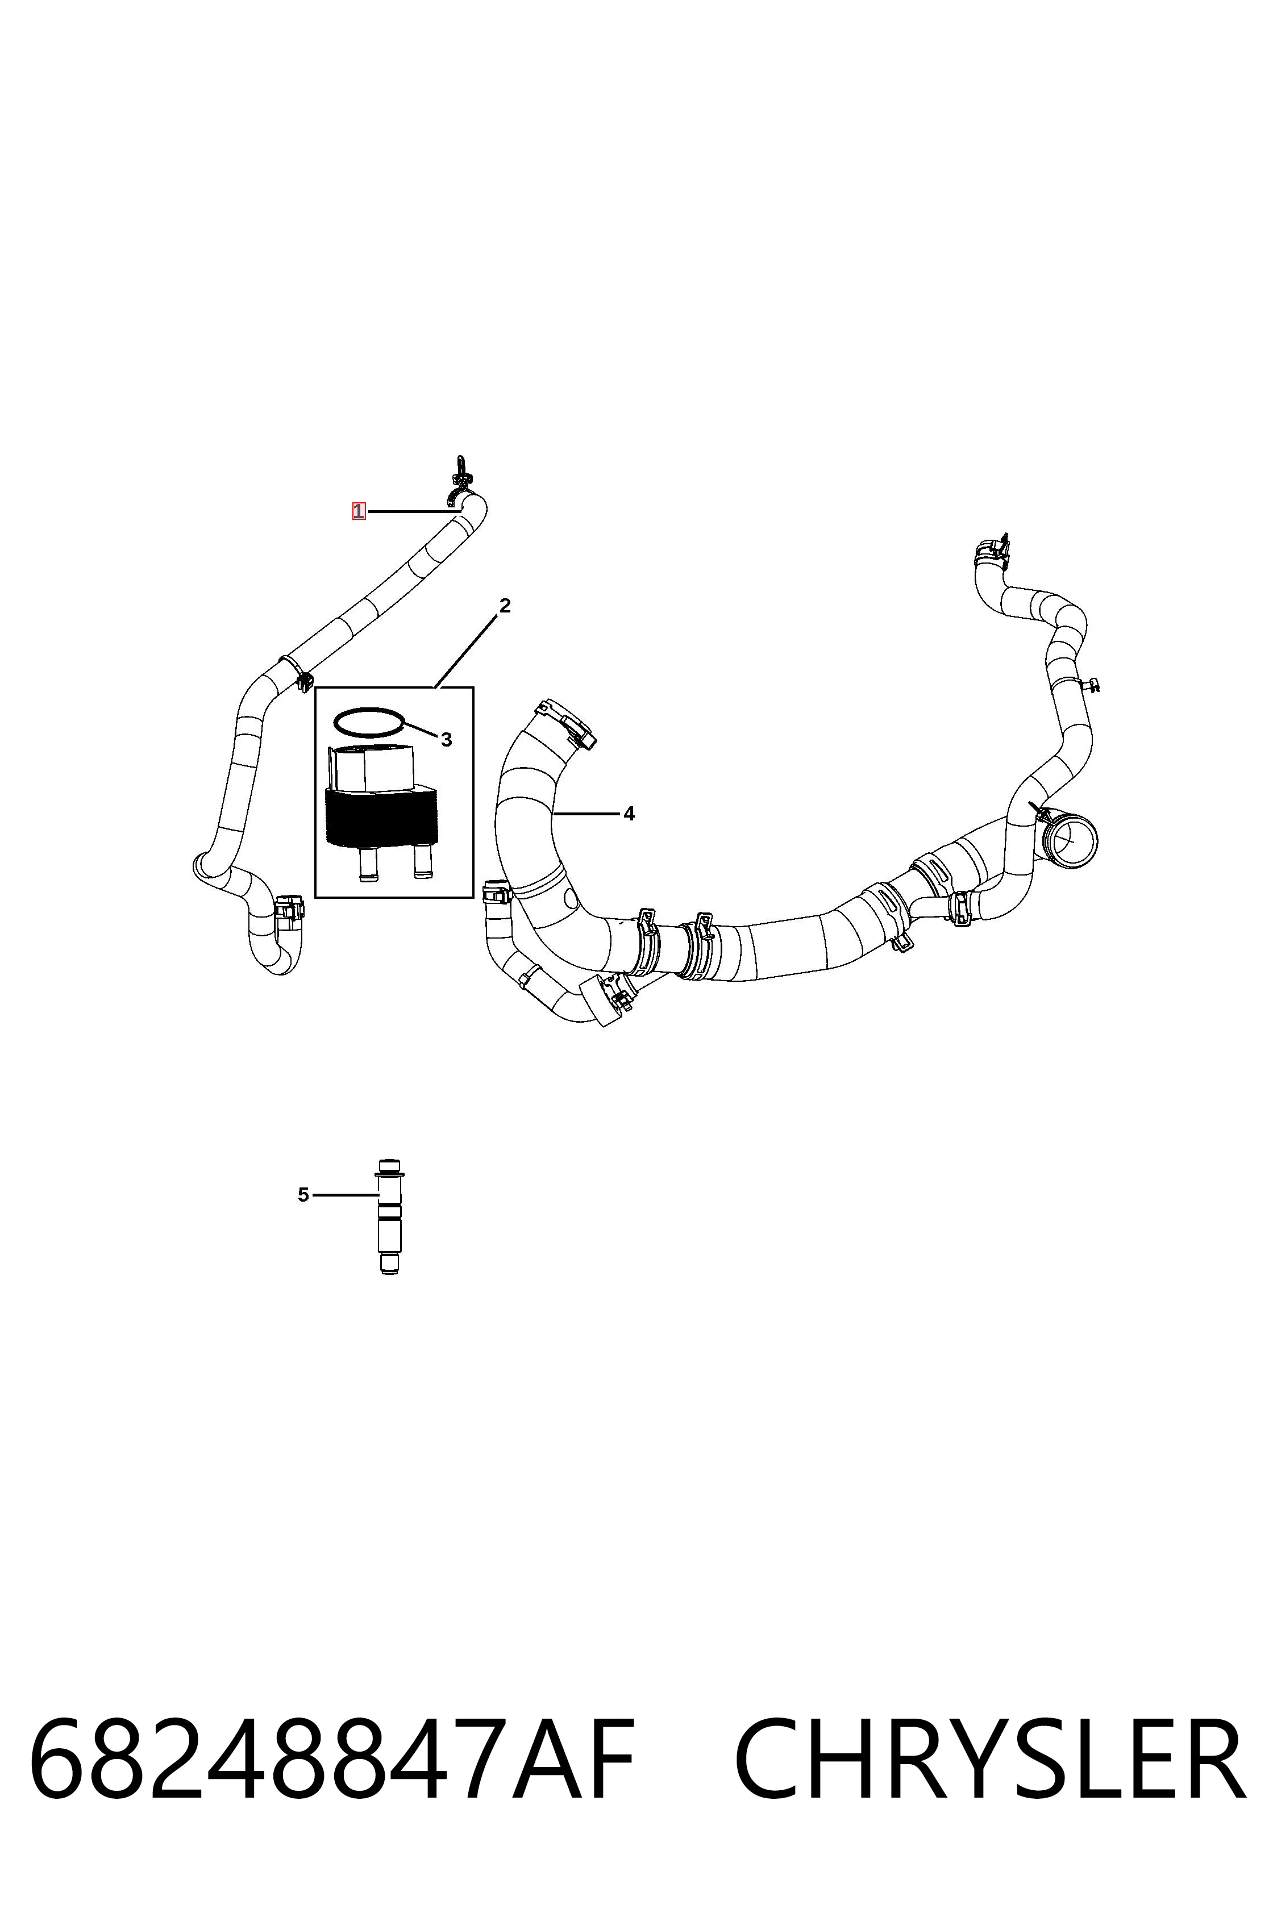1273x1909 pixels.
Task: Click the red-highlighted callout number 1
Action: click(358, 511)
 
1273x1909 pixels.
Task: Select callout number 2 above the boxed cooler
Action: click(505, 606)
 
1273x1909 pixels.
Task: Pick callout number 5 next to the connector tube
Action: click(303, 1195)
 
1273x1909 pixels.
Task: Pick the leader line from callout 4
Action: click(585, 812)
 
